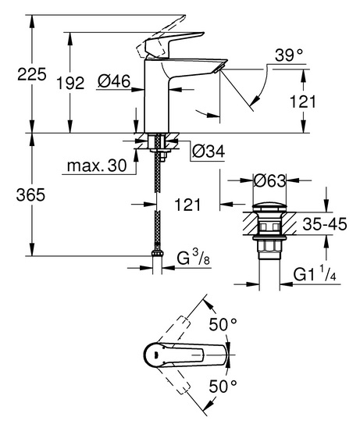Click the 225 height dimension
[x=32, y=74]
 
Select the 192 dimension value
[x=70, y=83]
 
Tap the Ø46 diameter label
[x=114, y=81]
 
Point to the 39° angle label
[x=289, y=55]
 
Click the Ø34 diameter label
[x=209, y=152]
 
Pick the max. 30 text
[x=97, y=166]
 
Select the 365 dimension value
[x=30, y=195]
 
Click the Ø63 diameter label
[x=269, y=180]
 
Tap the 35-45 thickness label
[x=325, y=224]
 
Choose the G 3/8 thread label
[x=193, y=258]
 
